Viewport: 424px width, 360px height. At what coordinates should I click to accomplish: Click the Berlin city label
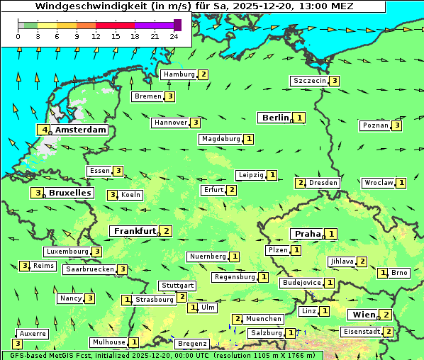275,118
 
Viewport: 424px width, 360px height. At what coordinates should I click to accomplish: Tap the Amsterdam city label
80,130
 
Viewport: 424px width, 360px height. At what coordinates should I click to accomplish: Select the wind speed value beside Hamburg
203,74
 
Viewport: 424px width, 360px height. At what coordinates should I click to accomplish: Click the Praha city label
308,234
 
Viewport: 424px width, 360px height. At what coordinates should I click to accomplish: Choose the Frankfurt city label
135,231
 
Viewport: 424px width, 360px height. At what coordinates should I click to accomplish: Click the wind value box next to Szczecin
334,81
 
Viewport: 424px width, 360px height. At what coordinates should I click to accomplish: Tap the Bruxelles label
69,193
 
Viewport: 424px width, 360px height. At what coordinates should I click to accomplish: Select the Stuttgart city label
178,286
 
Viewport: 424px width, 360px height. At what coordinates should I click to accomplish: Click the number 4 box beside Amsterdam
45,130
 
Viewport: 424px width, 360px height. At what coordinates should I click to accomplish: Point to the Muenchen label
264,319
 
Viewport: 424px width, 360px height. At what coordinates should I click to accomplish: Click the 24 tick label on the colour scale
174,35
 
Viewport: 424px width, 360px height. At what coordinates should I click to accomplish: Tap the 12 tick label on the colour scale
96,35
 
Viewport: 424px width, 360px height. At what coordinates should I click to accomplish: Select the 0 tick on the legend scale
18,35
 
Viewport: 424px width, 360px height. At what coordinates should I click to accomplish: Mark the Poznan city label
376,125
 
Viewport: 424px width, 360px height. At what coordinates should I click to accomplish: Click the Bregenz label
192,344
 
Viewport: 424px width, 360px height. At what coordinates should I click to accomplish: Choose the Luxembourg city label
67,252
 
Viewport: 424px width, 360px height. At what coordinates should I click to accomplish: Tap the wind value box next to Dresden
301,183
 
